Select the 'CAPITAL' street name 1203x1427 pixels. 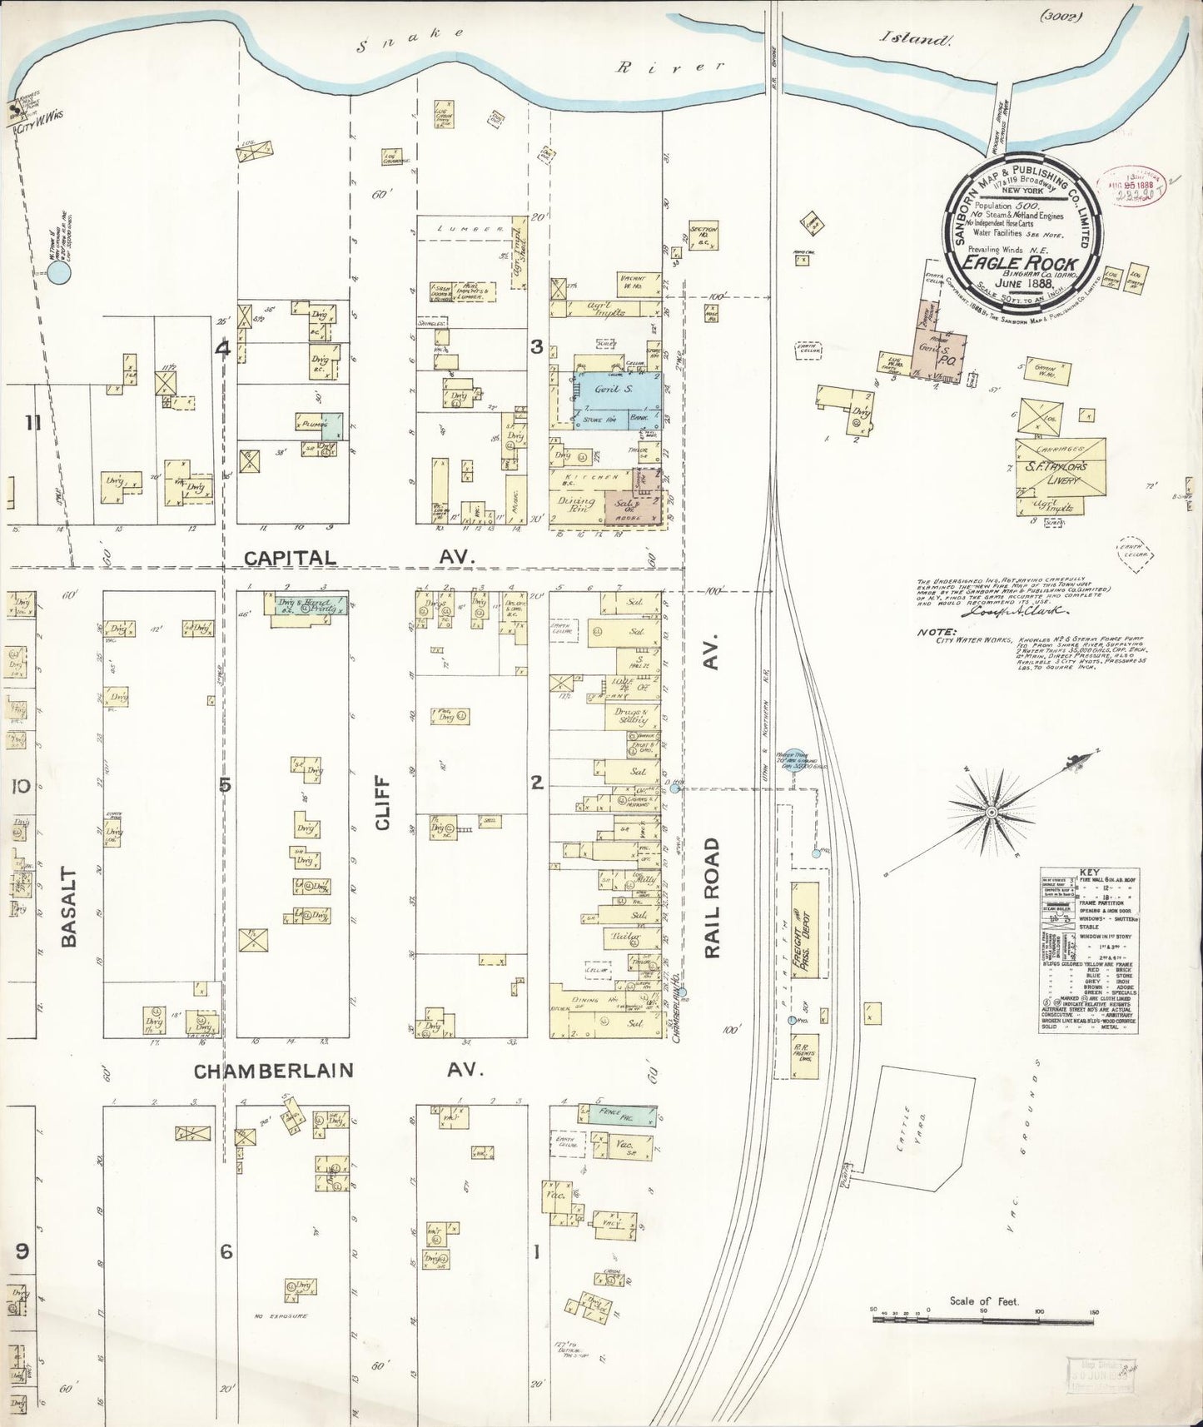click(x=290, y=559)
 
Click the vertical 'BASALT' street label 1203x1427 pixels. click(x=70, y=907)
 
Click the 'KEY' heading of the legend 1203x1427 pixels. click(x=1090, y=873)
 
